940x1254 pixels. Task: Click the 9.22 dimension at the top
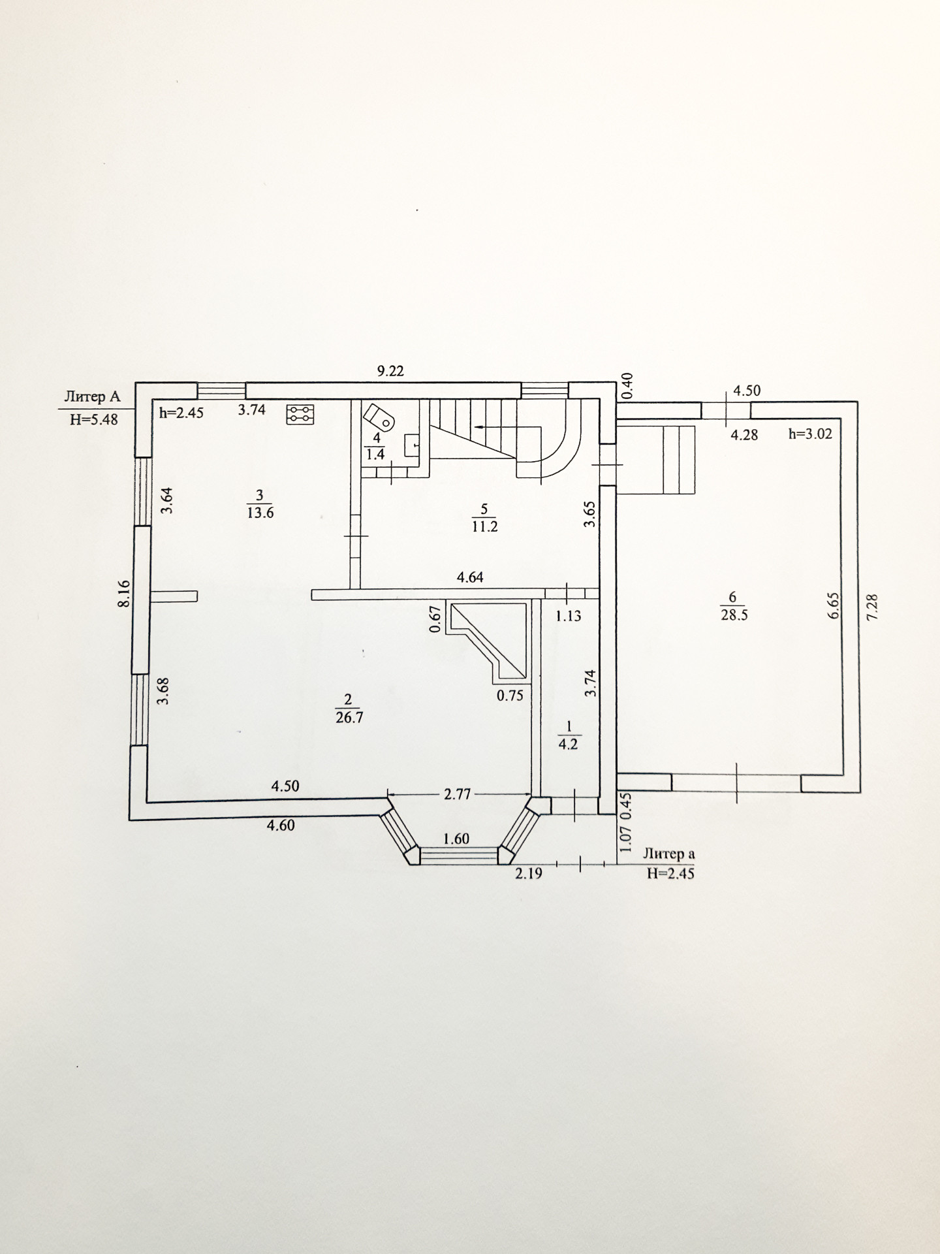click(391, 371)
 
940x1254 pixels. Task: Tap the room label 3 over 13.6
click(260, 504)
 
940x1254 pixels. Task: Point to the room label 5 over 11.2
click(485, 517)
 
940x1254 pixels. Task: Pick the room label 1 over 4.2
click(569, 735)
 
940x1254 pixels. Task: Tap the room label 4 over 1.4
click(375, 447)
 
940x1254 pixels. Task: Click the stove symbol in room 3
click(301, 414)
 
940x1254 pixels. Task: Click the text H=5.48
click(94, 419)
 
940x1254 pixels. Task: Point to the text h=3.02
click(810, 433)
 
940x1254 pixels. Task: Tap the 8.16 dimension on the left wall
click(124, 594)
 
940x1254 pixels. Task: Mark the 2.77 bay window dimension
click(458, 795)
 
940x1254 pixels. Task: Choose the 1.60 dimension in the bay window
click(456, 839)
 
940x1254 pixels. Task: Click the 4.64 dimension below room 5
click(470, 577)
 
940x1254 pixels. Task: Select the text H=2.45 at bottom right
click(670, 873)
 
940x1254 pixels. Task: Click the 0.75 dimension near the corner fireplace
click(510, 696)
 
